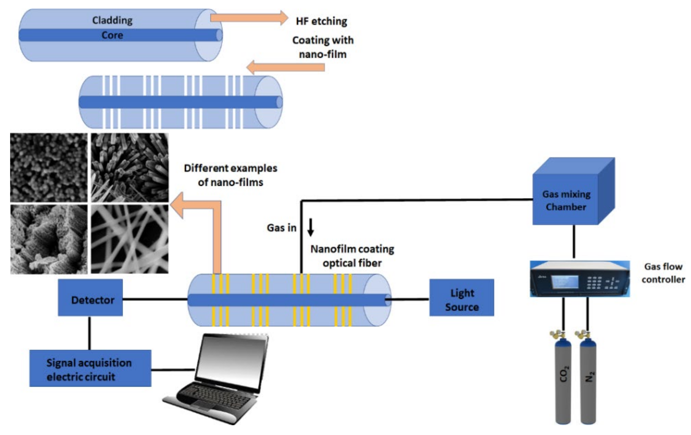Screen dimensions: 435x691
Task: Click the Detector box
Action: (90, 297)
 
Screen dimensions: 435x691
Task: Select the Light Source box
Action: (462, 297)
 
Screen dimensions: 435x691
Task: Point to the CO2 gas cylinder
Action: (563, 382)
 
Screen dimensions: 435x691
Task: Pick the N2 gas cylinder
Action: (588, 382)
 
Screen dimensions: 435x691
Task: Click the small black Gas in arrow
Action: (310, 227)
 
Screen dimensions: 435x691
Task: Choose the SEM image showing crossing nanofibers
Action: (130, 239)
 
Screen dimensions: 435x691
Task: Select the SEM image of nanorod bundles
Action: (130, 167)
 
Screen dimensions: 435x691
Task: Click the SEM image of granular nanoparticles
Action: (49, 167)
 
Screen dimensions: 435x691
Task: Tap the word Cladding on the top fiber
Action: (112, 20)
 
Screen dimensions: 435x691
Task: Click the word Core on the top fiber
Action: (112, 35)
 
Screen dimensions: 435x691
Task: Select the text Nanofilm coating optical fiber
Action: (352, 256)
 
